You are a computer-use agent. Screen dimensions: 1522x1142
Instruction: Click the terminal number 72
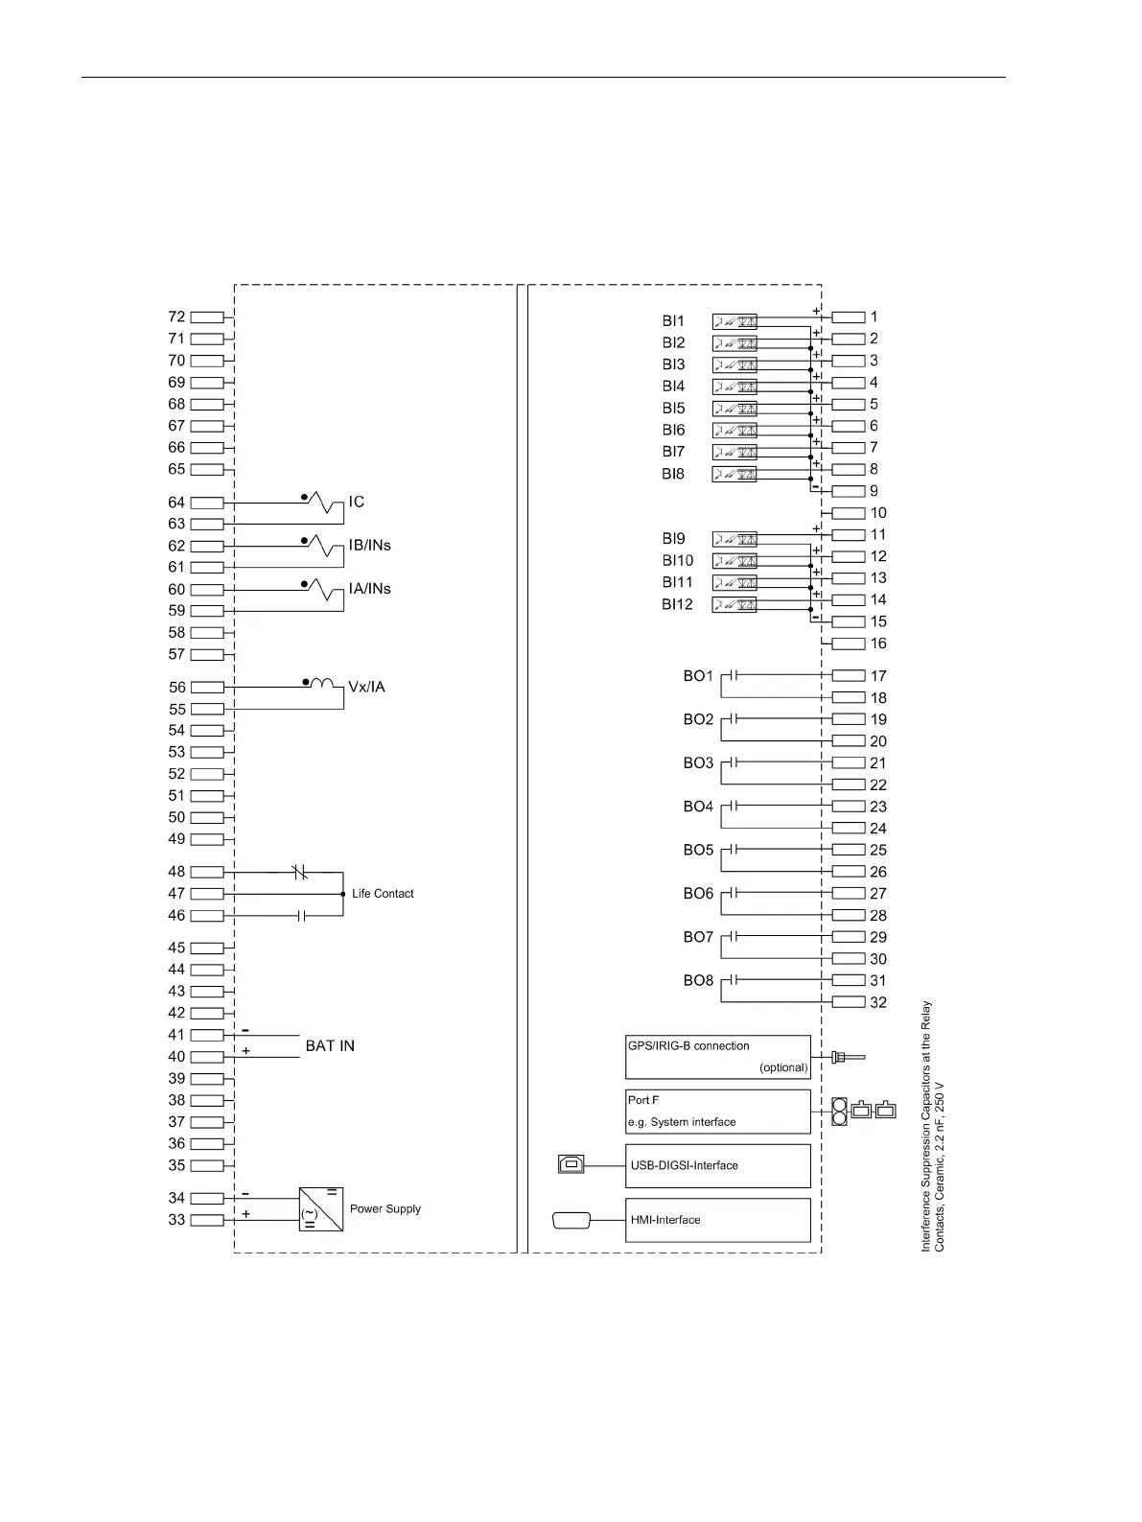click(176, 316)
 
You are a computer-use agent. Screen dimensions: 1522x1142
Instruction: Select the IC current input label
click(356, 502)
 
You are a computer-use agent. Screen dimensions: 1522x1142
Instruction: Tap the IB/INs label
click(369, 545)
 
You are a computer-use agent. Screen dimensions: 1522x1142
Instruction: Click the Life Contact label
click(383, 894)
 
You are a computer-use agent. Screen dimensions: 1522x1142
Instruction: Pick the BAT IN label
click(330, 1045)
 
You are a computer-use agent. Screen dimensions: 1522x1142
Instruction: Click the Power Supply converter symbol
click(321, 1209)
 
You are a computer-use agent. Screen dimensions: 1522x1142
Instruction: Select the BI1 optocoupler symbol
click(734, 321)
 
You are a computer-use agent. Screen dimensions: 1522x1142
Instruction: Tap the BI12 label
click(677, 604)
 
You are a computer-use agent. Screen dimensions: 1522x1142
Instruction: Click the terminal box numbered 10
click(849, 513)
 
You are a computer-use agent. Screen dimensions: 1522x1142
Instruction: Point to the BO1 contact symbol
click(733, 675)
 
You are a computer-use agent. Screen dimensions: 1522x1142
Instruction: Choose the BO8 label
click(698, 980)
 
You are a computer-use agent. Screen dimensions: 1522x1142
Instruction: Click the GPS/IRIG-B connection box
click(717, 1057)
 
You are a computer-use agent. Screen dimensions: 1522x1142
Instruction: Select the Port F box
click(717, 1112)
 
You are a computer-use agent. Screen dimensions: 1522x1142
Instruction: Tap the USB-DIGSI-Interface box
click(717, 1166)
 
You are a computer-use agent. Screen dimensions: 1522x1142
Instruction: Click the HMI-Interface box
click(717, 1220)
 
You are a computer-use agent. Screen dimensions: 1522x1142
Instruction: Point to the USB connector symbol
click(571, 1164)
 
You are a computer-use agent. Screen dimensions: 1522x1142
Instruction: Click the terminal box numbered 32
click(849, 1002)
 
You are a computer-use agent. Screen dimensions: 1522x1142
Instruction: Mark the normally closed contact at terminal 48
click(299, 872)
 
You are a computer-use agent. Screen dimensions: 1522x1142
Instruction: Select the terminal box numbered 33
click(207, 1220)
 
